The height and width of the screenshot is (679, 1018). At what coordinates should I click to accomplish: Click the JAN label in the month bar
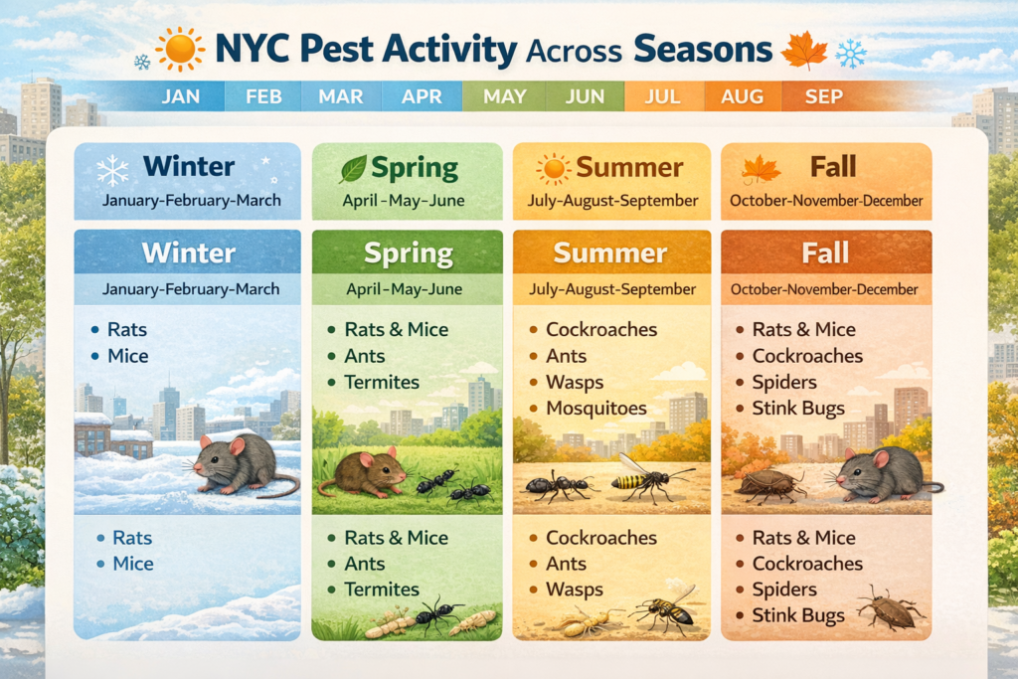pos(181,96)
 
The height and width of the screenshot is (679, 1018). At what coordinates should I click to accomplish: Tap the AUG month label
pos(742,96)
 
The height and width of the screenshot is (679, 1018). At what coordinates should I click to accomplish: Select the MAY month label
pos(504,96)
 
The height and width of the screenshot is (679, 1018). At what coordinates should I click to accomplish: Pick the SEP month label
pos(824,96)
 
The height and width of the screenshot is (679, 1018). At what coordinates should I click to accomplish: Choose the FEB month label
pos(263,96)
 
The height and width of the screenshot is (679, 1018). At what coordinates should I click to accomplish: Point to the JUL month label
pos(662,96)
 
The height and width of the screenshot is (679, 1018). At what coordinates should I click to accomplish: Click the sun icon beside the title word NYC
pos(180,50)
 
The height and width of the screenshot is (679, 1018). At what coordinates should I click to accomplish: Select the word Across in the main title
pos(574,52)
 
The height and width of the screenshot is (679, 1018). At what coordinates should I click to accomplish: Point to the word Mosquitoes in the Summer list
pos(596,409)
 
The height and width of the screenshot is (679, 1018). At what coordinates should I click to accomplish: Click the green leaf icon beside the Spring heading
pos(353,169)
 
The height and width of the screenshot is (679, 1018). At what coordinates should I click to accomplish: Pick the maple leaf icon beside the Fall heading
pos(761,170)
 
